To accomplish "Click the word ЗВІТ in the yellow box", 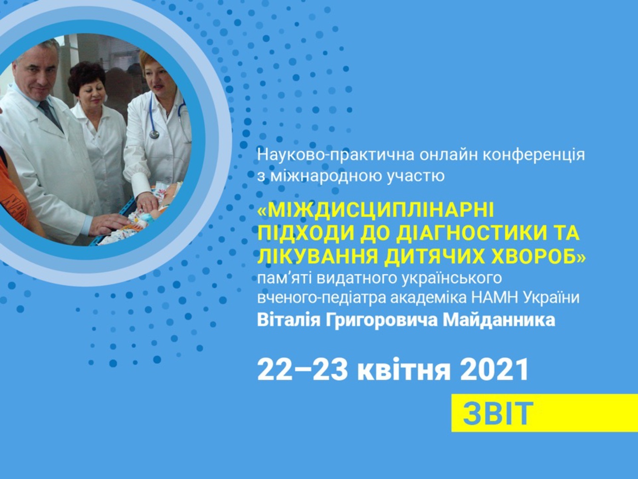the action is pos(498,414).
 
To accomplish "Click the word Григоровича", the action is pos(380,321).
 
